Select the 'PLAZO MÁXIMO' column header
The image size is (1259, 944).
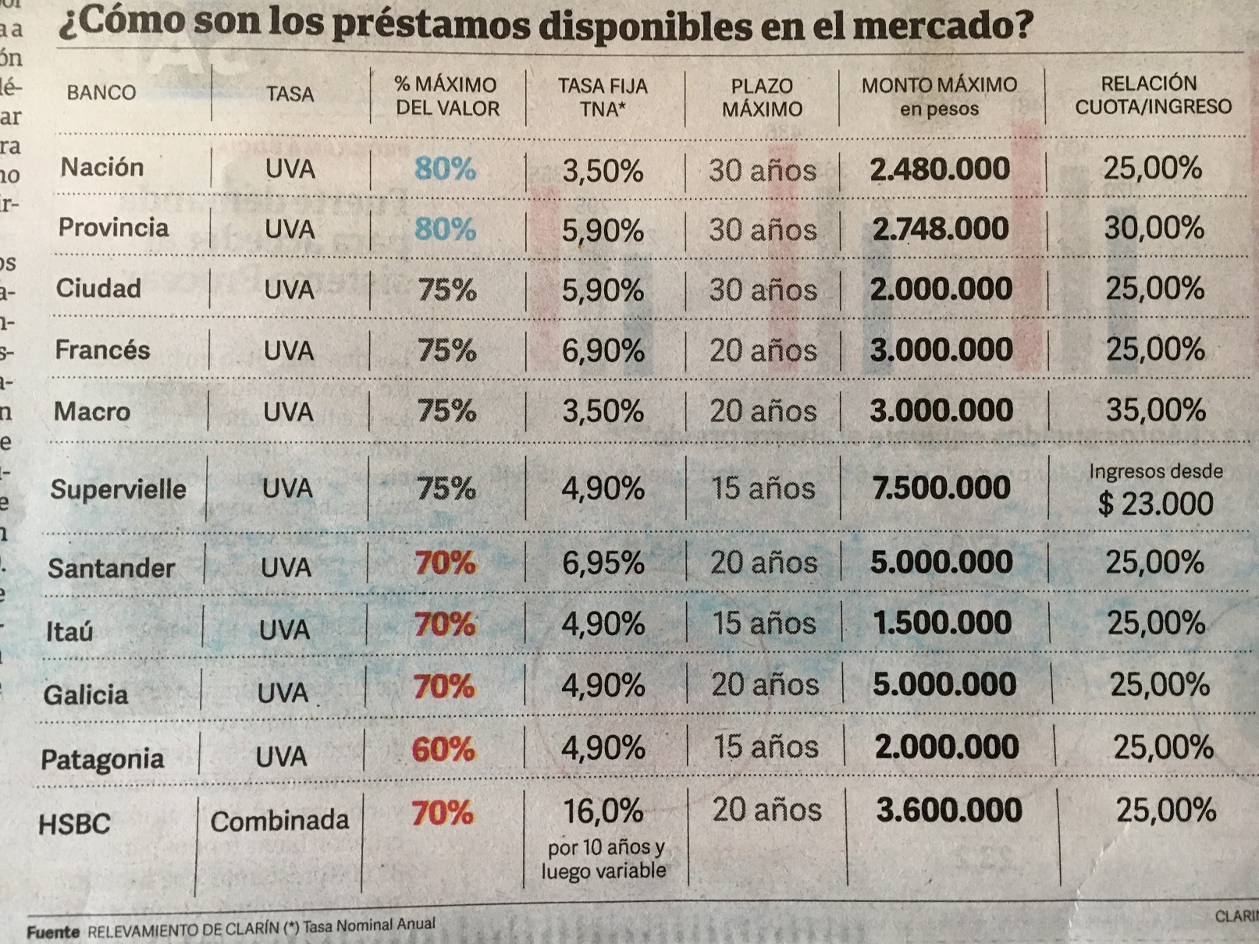[762, 98]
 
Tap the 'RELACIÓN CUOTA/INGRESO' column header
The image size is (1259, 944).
[1152, 95]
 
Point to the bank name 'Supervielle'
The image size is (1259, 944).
[119, 490]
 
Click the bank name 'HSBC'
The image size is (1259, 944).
[75, 824]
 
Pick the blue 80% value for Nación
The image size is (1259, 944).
[445, 169]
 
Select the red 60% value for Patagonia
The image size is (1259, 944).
[443, 750]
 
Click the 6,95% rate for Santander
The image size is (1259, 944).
[603, 563]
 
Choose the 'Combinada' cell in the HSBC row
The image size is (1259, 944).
[279, 821]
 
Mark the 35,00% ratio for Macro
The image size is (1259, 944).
[1155, 410]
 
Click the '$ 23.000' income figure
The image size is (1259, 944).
[1155, 504]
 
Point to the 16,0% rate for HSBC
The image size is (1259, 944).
[603, 812]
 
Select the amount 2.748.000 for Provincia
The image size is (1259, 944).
[941, 229]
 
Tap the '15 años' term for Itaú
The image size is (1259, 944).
[763, 623]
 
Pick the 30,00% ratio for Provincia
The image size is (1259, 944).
[1154, 228]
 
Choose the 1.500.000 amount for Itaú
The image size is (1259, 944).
[942, 623]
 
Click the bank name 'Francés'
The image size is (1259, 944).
[102, 350]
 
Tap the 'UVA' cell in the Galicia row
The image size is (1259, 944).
[283, 693]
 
